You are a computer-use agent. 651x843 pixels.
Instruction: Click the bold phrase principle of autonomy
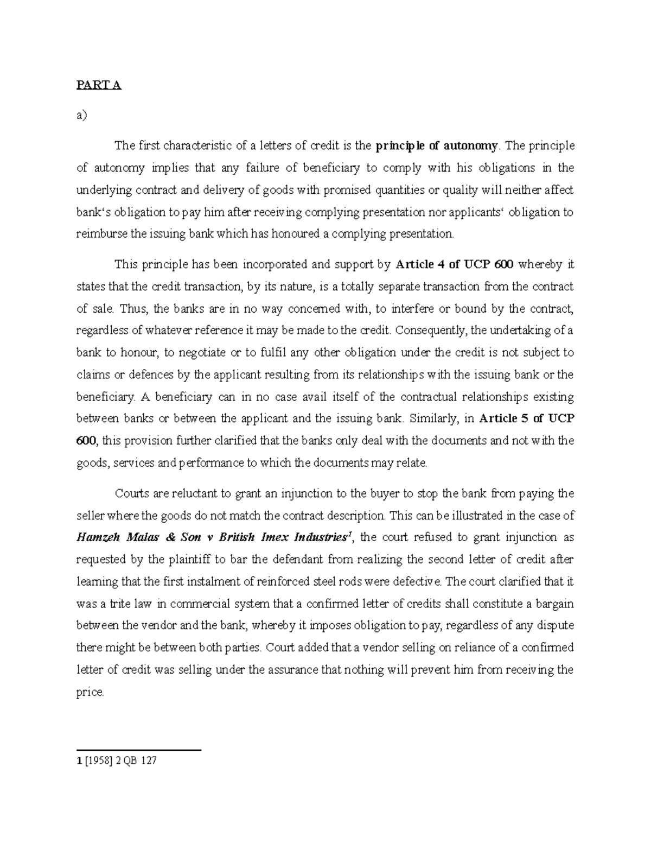click(436, 145)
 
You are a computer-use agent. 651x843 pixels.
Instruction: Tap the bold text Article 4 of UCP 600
click(456, 265)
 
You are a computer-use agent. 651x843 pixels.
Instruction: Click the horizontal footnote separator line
click(139, 750)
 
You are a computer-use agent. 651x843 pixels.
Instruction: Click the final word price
click(90, 692)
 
